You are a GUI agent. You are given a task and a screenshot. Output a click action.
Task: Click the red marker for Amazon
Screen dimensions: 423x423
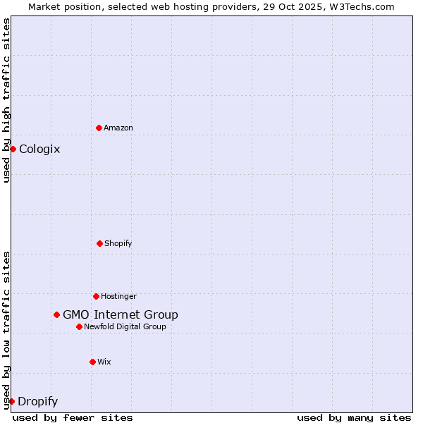(99, 128)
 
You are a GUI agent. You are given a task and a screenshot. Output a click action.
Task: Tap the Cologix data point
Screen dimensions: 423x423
(13, 149)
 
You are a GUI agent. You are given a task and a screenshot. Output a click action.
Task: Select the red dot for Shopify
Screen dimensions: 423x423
(99, 243)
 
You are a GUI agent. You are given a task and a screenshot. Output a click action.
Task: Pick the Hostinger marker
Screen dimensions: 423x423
(96, 296)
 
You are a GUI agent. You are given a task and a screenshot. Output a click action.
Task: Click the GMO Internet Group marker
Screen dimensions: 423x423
(56, 314)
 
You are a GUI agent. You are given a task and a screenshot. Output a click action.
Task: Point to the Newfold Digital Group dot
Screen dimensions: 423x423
(79, 326)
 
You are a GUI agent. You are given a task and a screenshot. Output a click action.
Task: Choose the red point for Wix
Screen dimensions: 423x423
(92, 362)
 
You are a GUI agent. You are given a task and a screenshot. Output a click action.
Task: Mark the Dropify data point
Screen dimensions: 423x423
(11, 401)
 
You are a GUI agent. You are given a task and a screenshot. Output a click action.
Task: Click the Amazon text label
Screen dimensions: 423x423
(118, 128)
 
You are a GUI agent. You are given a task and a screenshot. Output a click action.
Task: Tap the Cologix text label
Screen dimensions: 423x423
(39, 149)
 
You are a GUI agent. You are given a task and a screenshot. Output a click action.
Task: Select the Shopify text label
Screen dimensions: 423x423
(118, 243)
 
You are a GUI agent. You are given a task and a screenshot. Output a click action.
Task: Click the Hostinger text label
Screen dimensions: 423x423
(118, 296)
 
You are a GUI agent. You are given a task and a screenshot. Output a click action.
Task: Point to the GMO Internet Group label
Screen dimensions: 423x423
(121, 314)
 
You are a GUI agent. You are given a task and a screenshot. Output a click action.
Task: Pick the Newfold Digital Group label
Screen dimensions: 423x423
(125, 326)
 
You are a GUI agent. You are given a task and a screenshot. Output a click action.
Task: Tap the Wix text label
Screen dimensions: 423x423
(104, 362)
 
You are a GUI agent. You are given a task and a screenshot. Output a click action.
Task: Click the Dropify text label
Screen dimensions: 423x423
(37, 402)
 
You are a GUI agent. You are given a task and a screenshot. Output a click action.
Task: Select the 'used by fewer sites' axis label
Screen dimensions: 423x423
(73, 417)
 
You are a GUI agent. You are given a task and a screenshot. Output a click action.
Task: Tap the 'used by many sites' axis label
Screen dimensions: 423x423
(354, 417)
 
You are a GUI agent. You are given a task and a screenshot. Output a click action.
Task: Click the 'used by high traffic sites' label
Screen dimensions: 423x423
(6, 100)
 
